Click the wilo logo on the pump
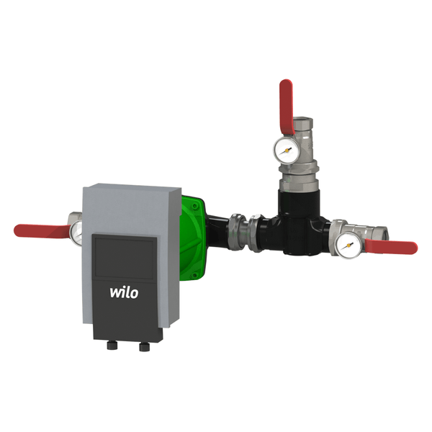point(124,292)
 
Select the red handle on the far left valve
point(41,230)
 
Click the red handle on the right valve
point(391,246)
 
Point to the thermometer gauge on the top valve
point(287,150)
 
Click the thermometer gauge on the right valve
point(349,245)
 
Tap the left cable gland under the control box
point(112,346)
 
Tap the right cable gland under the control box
point(145,346)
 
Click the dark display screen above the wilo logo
point(125,258)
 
